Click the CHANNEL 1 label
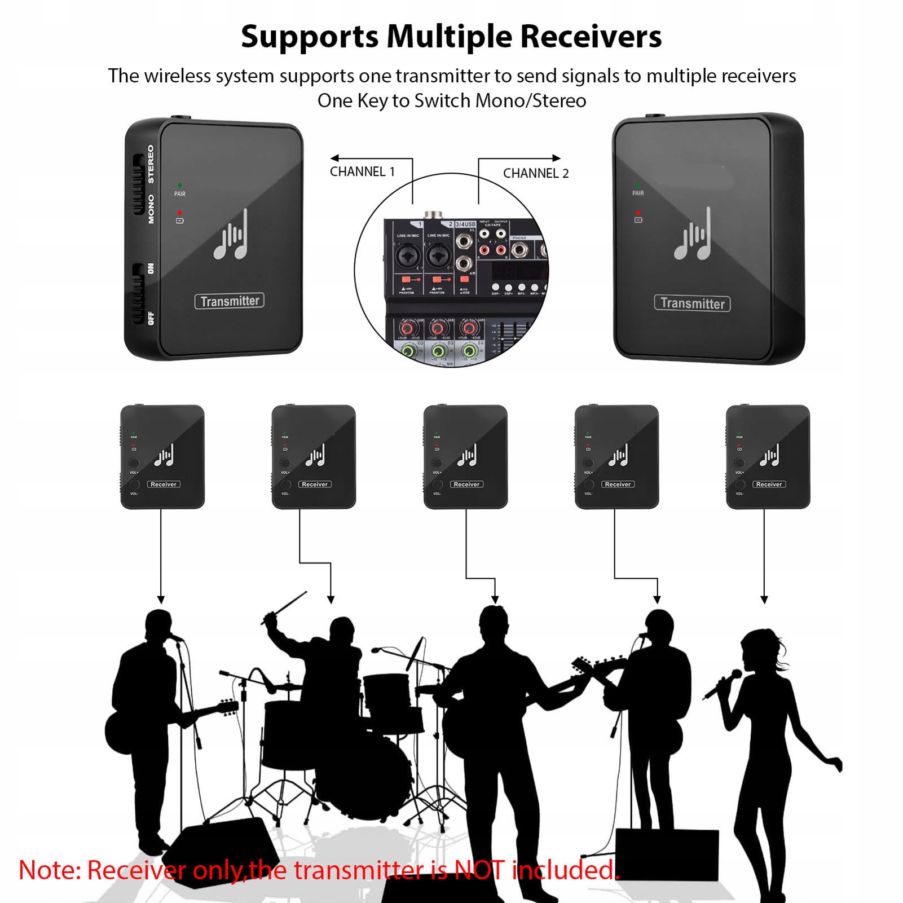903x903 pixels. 362,171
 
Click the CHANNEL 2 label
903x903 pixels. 535,173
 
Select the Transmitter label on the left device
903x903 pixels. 230,301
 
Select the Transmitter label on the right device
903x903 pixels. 692,303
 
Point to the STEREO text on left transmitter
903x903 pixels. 151,164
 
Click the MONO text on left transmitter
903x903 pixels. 151,209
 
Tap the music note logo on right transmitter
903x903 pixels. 693,236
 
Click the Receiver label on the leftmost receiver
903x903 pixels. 164,484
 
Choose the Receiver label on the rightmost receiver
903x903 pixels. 769,484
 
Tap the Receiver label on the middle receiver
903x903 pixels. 466,484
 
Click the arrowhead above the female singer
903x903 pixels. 764,600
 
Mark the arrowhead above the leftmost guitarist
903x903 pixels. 161,600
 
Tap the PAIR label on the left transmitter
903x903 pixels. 179,194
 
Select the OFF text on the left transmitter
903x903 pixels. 150,318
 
